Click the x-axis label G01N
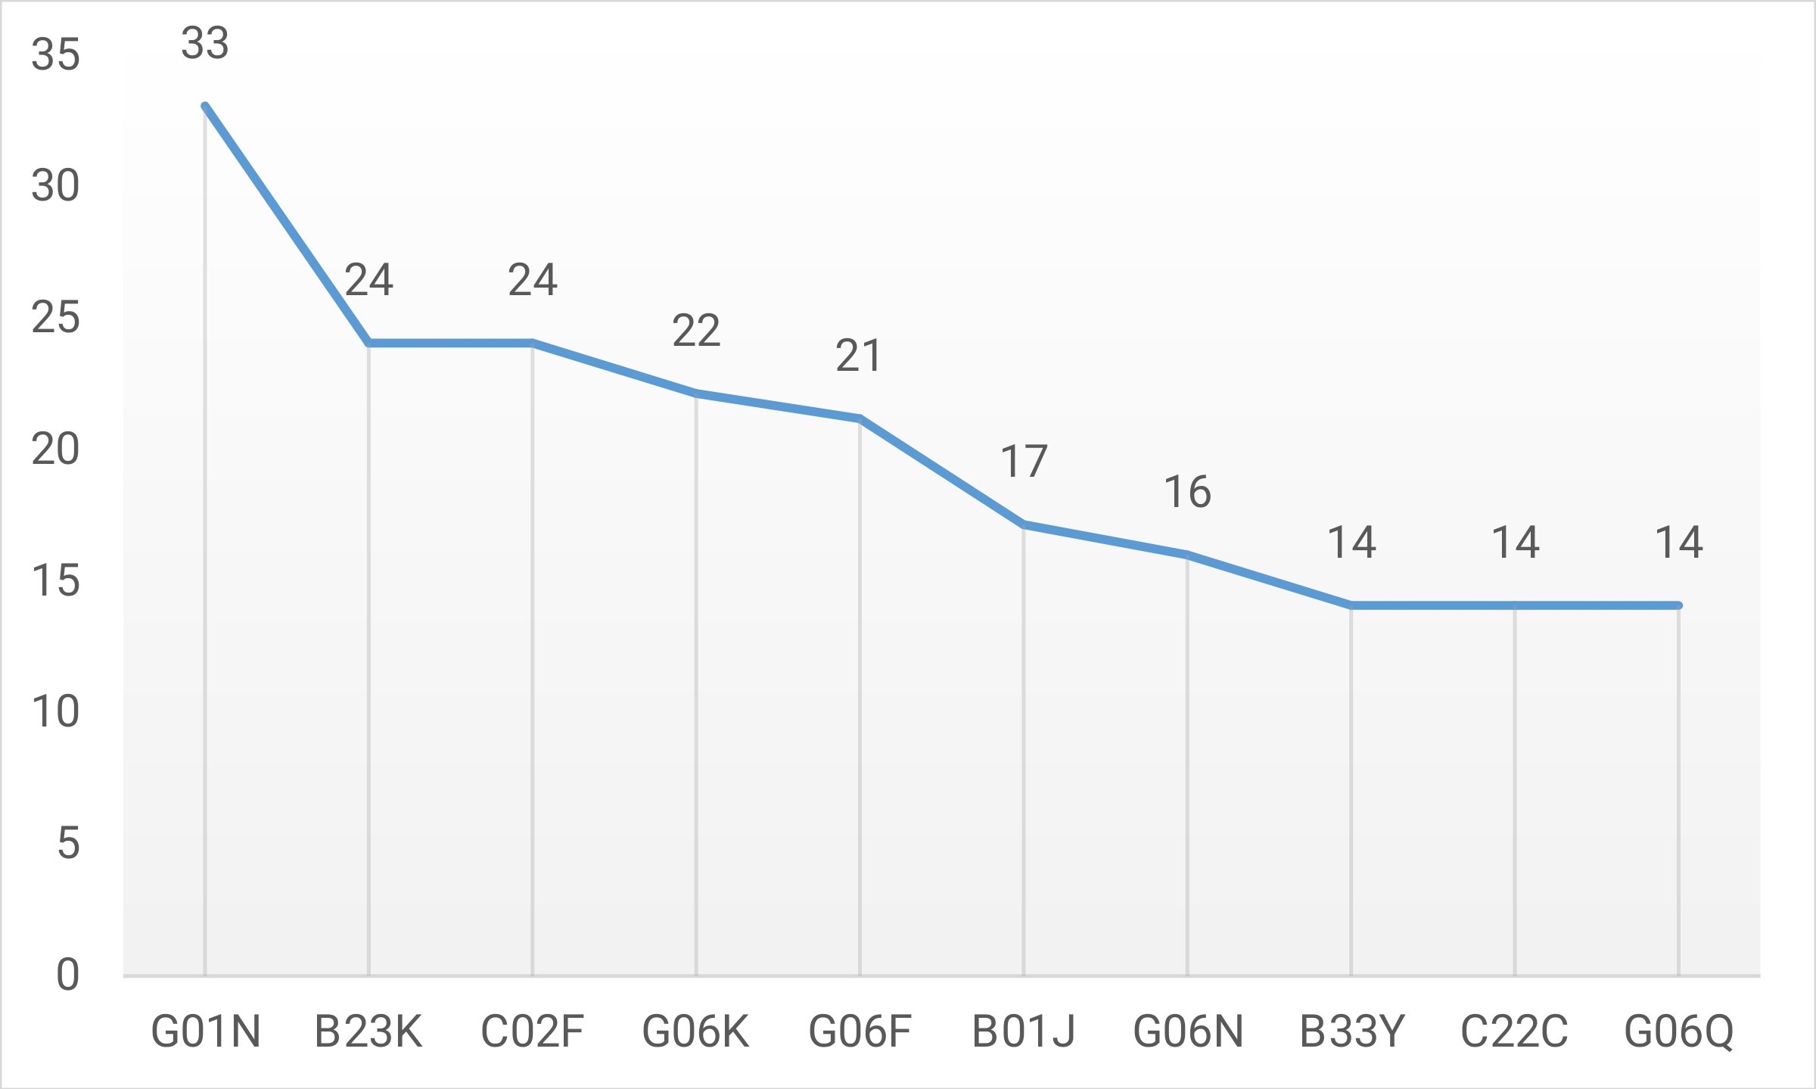pyautogui.click(x=205, y=1031)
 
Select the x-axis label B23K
pyautogui.click(x=368, y=1031)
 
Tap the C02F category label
pyautogui.click(x=532, y=1031)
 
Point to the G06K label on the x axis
pyautogui.click(x=695, y=1031)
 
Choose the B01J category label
pyautogui.click(x=1023, y=1031)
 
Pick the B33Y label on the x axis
pyautogui.click(x=1351, y=1031)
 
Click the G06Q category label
pyautogui.click(x=1678, y=1031)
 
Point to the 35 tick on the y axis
pyautogui.click(x=55, y=54)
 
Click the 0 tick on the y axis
pyautogui.click(x=68, y=975)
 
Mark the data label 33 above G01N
pyautogui.click(x=205, y=43)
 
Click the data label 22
pyautogui.click(x=696, y=331)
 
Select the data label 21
pyautogui.click(x=859, y=356)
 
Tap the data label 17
pyautogui.click(x=1024, y=461)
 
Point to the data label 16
pyautogui.click(x=1187, y=492)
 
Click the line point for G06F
pyautogui.click(x=860, y=418)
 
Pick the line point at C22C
pyautogui.click(x=1515, y=605)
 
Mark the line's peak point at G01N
pyautogui.click(x=205, y=106)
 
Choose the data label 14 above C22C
pyautogui.click(x=1515, y=543)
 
